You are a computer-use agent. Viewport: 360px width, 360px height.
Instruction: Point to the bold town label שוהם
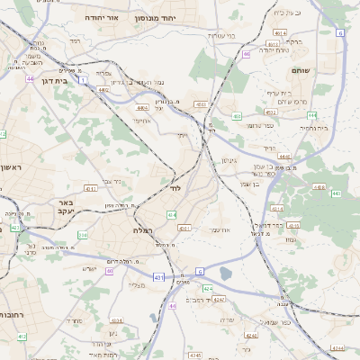tap(301, 70)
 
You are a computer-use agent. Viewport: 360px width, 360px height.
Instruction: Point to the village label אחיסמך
tap(142, 120)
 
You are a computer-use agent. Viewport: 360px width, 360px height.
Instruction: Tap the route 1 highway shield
tap(83, 81)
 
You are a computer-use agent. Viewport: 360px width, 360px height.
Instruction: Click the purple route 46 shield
tap(247, 54)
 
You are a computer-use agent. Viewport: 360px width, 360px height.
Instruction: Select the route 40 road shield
tap(110, 270)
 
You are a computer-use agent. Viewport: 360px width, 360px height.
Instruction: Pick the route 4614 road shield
tap(282, 32)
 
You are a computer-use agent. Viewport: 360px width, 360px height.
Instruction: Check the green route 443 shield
tap(336, 193)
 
